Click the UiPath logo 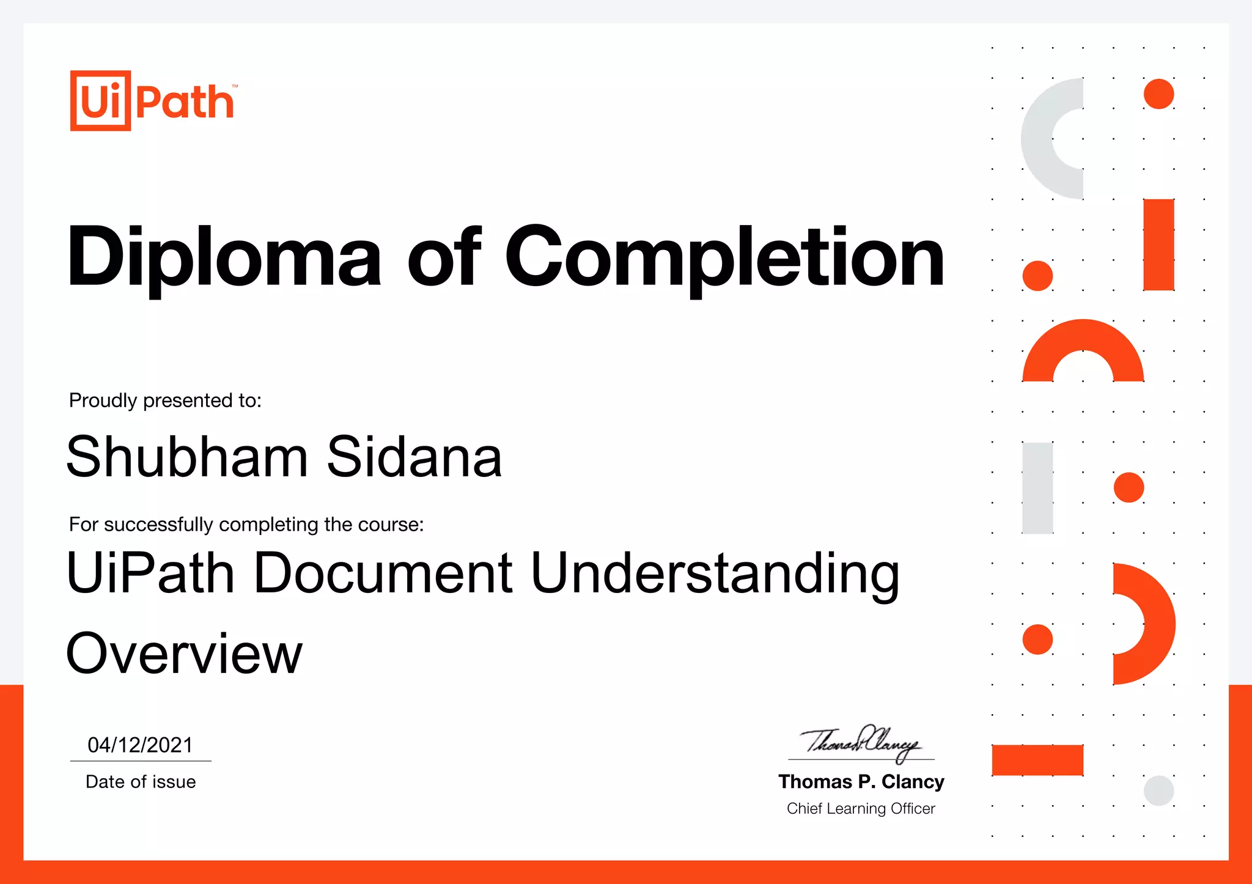pyautogui.click(x=153, y=101)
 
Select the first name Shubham pyautogui.click(x=187, y=457)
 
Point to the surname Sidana pyautogui.click(x=414, y=457)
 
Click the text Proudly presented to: pyautogui.click(x=165, y=400)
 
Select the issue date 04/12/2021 pyautogui.click(x=141, y=745)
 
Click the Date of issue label pyautogui.click(x=141, y=782)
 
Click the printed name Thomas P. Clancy pyautogui.click(x=861, y=782)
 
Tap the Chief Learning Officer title pyautogui.click(x=861, y=809)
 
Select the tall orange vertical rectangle pyautogui.click(x=1158, y=245)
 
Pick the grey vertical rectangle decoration pyautogui.click(x=1037, y=488)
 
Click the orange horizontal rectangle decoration pyautogui.click(x=1037, y=760)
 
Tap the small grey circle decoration pyautogui.click(x=1158, y=790)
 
